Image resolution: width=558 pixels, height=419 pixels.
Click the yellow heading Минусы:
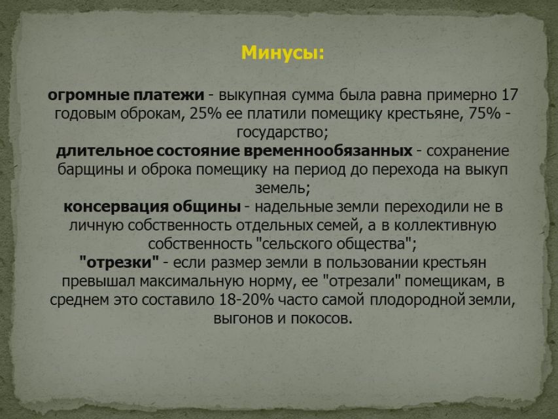click(283, 53)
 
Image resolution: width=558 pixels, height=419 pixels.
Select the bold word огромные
click(88, 96)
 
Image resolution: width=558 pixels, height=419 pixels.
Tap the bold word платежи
click(169, 95)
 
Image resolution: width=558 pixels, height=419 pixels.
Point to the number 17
click(510, 95)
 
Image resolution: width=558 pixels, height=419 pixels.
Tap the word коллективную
click(445, 226)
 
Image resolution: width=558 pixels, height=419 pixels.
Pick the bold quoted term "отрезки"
click(119, 263)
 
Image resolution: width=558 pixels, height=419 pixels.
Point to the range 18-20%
click(247, 300)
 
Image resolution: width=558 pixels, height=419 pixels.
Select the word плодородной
click(417, 300)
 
